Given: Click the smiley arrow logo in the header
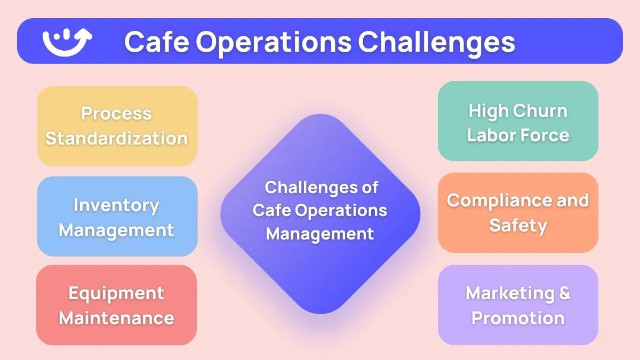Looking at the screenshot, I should point(67,42).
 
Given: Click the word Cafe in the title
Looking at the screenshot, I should point(154,42).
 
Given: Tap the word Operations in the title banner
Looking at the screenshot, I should point(271,42).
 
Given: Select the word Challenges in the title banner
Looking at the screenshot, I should point(436,42).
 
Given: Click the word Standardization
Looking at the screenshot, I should point(116,138).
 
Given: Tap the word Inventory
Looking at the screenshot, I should point(116,205).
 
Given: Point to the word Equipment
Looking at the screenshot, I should point(116,293).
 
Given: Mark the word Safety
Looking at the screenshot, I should point(518,225).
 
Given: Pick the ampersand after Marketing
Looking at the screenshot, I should point(564,293).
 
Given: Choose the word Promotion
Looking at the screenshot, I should point(518,318).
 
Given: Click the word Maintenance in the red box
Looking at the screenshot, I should point(116,318).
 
